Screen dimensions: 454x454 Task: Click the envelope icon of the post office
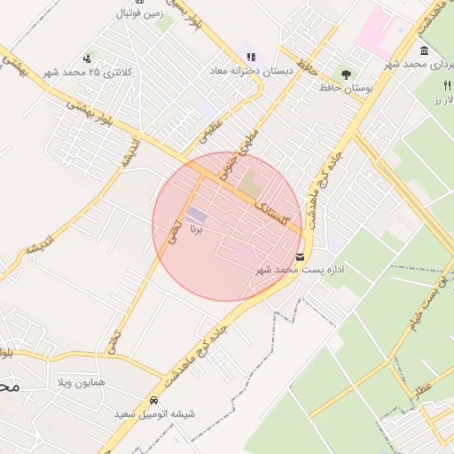pos(301,256)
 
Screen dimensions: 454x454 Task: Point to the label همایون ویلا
pos(80,382)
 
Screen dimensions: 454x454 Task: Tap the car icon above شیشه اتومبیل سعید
pos(154,400)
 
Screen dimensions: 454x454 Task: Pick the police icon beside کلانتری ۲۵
pos(86,59)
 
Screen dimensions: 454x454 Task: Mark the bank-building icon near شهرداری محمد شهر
pos(425,50)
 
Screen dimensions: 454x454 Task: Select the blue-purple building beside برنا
pos(196,215)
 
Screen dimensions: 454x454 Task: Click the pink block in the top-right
pos(374,27)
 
